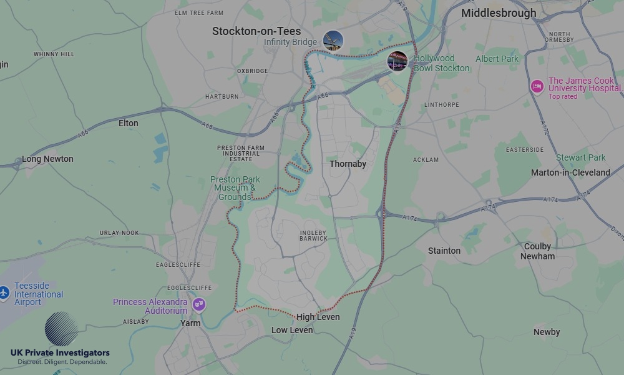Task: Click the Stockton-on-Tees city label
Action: click(x=256, y=31)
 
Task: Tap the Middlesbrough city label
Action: click(x=498, y=13)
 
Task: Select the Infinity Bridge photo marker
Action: click(x=333, y=41)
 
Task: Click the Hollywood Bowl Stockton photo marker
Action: click(x=397, y=61)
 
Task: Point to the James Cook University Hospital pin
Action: click(x=537, y=86)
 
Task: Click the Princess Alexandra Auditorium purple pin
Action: click(x=199, y=305)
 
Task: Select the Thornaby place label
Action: click(x=348, y=164)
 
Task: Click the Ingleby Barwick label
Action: click(x=313, y=235)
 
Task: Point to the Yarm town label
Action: click(x=190, y=323)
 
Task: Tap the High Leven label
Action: click(x=318, y=317)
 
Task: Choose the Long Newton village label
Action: click(x=47, y=159)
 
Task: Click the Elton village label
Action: click(x=128, y=123)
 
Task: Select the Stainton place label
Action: click(x=444, y=251)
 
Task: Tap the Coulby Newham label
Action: click(x=537, y=251)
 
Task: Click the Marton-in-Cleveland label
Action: click(x=570, y=172)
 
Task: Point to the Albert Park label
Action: click(x=497, y=59)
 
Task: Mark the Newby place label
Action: click(x=547, y=332)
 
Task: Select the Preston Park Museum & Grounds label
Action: click(x=235, y=188)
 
